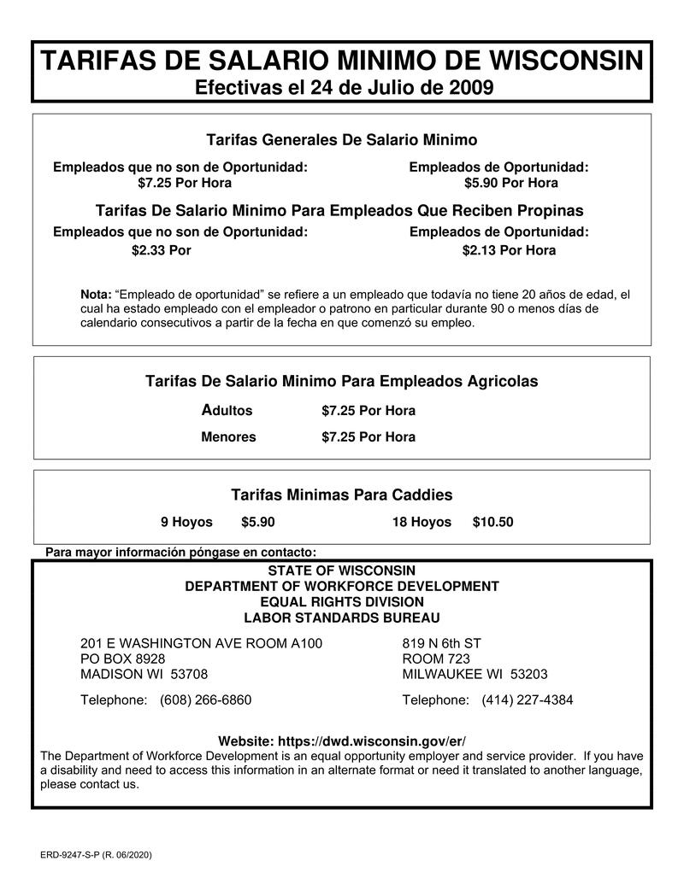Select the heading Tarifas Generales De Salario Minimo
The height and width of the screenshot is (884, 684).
click(x=342, y=139)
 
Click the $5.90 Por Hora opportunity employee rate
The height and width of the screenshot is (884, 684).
click(x=511, y=183)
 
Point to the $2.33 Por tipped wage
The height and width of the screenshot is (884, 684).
click(x=161, y=250)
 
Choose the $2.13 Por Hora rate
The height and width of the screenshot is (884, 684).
click(x=509, y=250)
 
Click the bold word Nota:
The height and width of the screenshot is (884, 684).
click(x=96, y=295)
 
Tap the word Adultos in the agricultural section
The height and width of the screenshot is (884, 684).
click(x=227, y=411)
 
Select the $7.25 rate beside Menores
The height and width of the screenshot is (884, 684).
click(x=369, y=437)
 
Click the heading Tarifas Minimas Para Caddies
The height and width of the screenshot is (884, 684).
click(x=342, y=495)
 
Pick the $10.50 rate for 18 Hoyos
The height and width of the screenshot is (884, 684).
click(x=492, y=522)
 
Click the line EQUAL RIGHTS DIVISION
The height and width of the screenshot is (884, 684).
click(x=342, y=602)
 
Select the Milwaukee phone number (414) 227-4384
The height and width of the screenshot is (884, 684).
click(x=528, y=700)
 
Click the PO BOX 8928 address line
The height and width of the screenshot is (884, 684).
click(x=122, y=659)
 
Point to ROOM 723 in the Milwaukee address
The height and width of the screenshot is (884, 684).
click(x=436, y=659)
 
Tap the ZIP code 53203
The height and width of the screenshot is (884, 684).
click(x=529, y=674)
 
